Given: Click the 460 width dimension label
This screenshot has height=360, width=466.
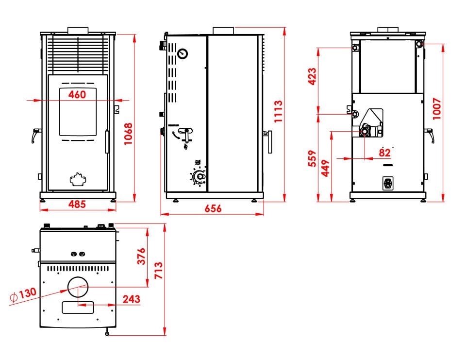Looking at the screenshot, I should pyautogui.click(x=77, y=95).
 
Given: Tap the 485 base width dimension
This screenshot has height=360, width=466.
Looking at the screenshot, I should pyautogui.click(x=77, y=204).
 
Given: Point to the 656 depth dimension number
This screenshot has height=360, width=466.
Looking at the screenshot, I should pyautogui.click(x=213, y=208).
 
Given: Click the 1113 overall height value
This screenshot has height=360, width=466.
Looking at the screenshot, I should pyautogui.click(x=278, y=111).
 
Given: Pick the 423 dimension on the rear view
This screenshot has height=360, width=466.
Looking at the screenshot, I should pyautogui.click(x=312, y=76).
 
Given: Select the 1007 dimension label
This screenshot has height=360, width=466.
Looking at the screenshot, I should pyautogui.click(x=437, y=110).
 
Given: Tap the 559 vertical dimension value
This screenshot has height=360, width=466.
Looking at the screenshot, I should pyautogui.click(x=312, y=158).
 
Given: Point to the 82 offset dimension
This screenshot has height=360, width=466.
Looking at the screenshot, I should pyautogui.click(x=384, y=153).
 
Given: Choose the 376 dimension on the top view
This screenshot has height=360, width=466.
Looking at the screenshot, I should pyautogui.click(x=141, y=256).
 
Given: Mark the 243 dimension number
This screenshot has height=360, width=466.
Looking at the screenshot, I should pyautogui.click(x=132, y=298).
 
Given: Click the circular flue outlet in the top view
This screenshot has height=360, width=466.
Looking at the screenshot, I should pyautogui.click(x=78, y=286).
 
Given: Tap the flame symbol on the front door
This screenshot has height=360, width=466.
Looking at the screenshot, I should pyautogui.click(x=77, y=179).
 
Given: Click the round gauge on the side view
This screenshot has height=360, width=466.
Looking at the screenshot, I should pyautogui.click(x=183, y=53).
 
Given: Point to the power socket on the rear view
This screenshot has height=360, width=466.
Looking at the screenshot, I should pyautogui.click(x=388, y=183).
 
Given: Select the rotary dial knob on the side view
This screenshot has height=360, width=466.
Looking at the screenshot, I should pyautogui.click(x=198, y=177).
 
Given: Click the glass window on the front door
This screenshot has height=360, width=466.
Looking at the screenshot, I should pyautogui.click(x=77, y=112).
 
